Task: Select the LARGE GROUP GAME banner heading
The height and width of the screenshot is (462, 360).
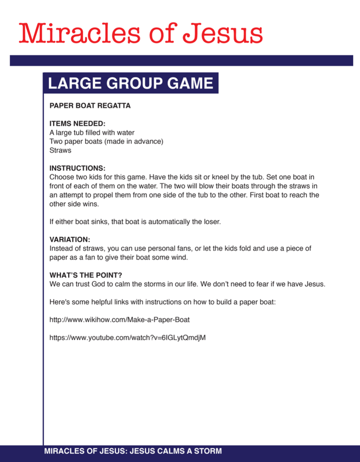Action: coord(131,83)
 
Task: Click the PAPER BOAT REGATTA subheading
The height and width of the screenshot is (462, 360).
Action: coord(90,106)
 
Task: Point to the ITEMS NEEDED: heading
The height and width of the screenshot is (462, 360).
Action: coord(77,124)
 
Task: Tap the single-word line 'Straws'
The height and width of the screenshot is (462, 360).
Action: coord(60,150)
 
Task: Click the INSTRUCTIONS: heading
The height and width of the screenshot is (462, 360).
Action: coord(77,168)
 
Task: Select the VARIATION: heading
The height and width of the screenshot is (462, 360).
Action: coord(70,240)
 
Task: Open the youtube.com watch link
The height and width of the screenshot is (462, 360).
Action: coord(127,338)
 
